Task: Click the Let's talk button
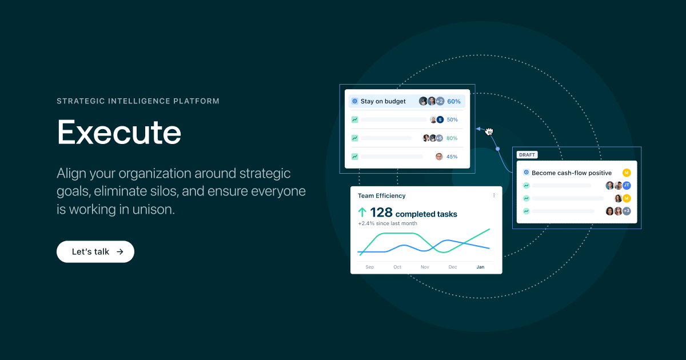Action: point(95,251)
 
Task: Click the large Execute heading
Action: point(119,132)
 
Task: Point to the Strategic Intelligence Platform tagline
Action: point(138,101)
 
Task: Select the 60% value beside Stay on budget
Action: point(454,101)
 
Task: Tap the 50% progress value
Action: point(452,120)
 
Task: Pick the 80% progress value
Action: point(452,138)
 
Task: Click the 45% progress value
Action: point(452,157)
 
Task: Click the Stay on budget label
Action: point(383,101)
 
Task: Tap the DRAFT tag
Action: point(527,155)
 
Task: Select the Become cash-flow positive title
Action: point(572,173)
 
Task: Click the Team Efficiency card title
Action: point(382,195)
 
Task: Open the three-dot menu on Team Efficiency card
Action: point(494,195)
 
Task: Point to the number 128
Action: point(381,213)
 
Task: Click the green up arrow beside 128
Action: point(362,213)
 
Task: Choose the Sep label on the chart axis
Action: point(370,267)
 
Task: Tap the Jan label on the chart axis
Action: point(480,267)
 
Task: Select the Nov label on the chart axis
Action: point(425,267)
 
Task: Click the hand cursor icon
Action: point(489,132)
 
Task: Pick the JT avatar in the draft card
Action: point(627,185)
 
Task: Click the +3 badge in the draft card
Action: point(627,211)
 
